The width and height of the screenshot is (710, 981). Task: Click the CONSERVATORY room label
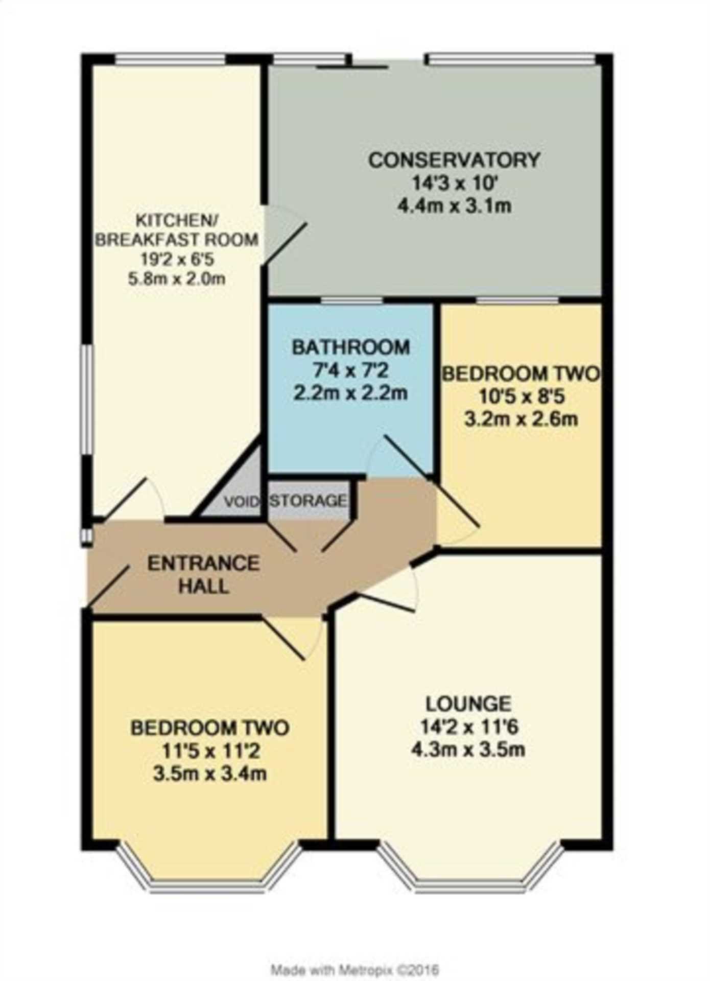tap(454, 160)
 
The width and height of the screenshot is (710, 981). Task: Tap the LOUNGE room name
tap(468, 704)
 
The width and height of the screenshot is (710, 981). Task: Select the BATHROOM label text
tap(351, 347)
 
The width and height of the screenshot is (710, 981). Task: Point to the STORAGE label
tap(309, 500)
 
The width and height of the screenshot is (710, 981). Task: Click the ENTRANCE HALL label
tap(203, 574)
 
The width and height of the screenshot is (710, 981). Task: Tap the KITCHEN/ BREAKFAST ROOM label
tap(177, 230)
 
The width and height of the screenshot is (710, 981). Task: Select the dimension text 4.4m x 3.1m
tap(454, 206)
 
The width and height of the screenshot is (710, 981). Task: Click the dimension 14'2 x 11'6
tap(468, 727)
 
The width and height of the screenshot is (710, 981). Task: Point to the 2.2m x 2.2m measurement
tap(351, 393)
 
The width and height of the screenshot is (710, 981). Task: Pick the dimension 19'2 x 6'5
tap(177, 259)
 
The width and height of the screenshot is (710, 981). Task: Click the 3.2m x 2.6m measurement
tap(521, 419)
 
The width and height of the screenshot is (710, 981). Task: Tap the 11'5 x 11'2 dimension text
tap(210, 750)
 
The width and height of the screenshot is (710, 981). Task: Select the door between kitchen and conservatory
tap(284, 235)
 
